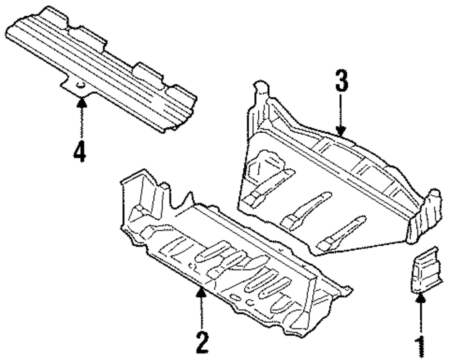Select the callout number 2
tap(202, 343)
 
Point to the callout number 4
tap(80, 151)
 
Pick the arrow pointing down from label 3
tap(341, 117)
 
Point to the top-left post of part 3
tap(260, 92)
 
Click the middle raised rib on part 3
tap(306, 209)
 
